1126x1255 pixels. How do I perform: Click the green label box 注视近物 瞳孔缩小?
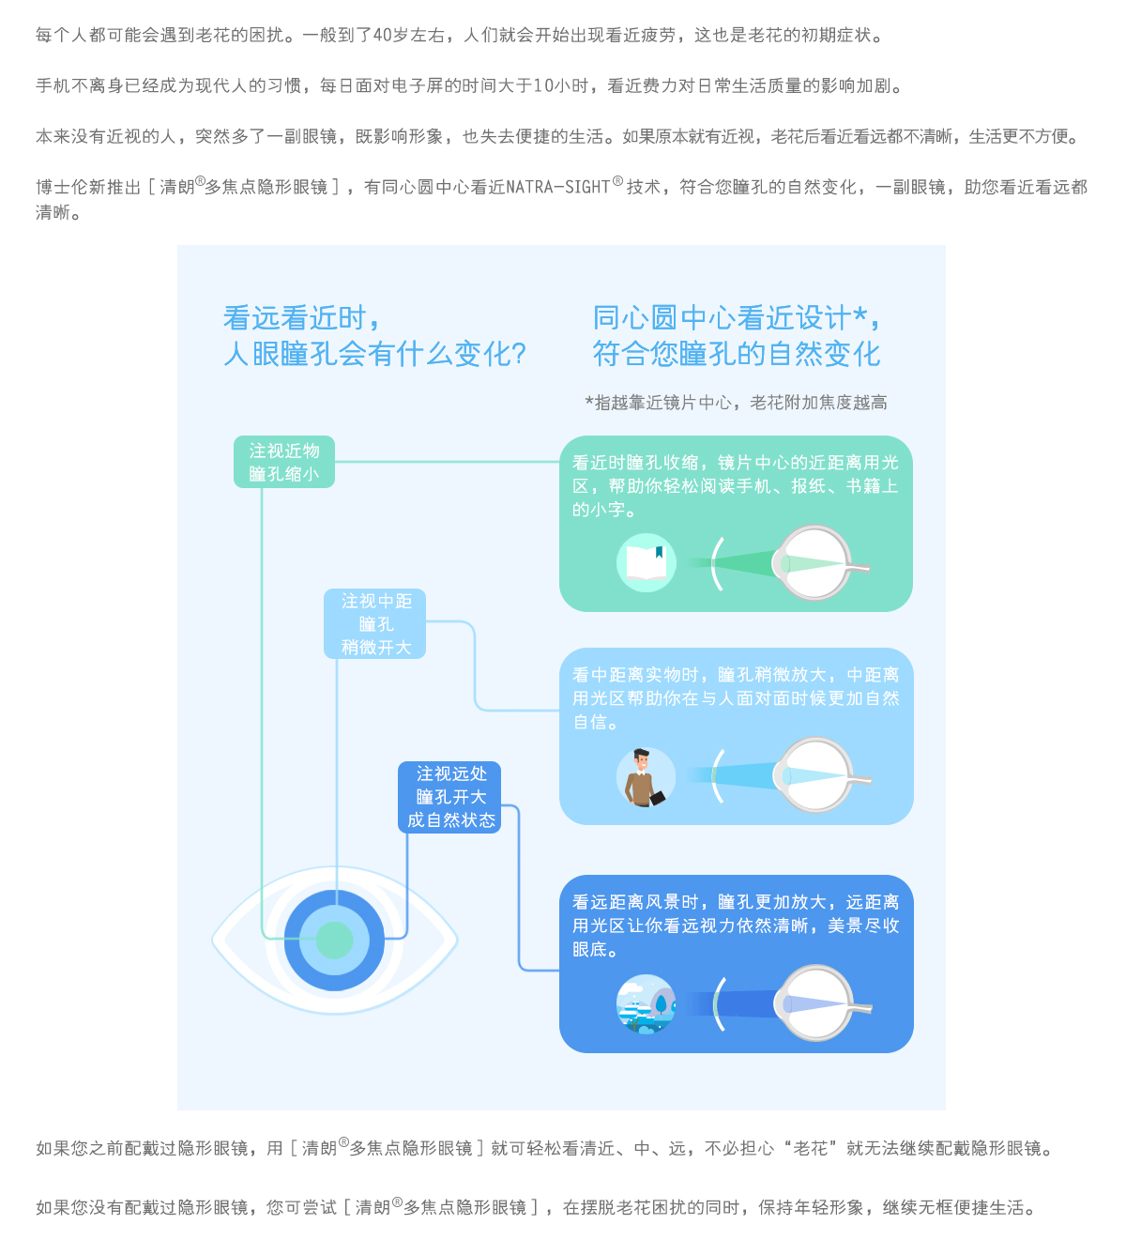tap(283, 462)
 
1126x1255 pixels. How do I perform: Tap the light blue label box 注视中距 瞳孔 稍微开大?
tap(374, 623)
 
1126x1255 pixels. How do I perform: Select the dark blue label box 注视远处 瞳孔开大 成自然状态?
tap(449, 797)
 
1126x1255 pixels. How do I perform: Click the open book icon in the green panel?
tap(646, 562)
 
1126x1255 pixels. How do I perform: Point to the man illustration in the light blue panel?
tap(645, 777)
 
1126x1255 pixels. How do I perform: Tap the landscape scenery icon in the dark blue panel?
tap(646, 1003)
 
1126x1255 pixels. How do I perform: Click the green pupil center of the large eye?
tap(334, 940)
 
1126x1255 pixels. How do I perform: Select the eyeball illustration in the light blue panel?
tap(820, 775)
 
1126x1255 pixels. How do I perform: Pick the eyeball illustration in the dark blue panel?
tap(820, 1002)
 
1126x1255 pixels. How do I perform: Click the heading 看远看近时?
tap(301, 318)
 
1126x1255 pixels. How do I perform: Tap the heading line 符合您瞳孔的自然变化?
tap(737, 354)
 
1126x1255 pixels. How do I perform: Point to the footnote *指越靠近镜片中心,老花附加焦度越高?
tap(736, 403)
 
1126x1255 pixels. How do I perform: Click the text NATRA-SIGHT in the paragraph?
tap(557, 187)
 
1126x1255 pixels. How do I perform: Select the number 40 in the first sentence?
tap(382, 36)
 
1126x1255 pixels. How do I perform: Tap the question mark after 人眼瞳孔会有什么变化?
tap(519, 354)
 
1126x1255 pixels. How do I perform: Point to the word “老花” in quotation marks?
tap(812, 1148)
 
